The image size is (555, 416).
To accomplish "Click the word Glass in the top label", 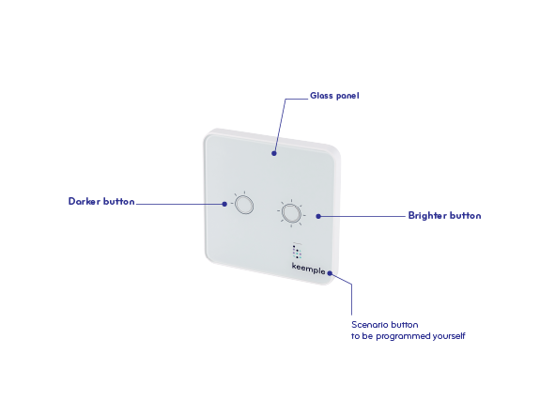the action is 321,96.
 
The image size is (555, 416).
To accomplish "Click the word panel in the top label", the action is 347,96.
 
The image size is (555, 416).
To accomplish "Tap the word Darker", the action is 85,202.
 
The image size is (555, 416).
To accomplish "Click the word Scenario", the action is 367,325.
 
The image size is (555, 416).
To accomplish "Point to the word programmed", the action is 400,336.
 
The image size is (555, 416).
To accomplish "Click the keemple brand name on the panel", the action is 308,269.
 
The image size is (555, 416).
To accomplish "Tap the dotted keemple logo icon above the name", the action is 297,251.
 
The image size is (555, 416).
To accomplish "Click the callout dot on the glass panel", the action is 274,153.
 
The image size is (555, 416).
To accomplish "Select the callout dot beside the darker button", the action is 224,204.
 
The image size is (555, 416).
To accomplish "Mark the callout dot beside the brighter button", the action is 318,216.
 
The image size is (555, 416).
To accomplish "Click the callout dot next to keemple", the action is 330,273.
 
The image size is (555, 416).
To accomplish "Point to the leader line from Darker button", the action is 179,204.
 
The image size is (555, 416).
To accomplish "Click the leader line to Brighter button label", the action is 362,216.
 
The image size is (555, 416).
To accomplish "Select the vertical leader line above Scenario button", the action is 351,300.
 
